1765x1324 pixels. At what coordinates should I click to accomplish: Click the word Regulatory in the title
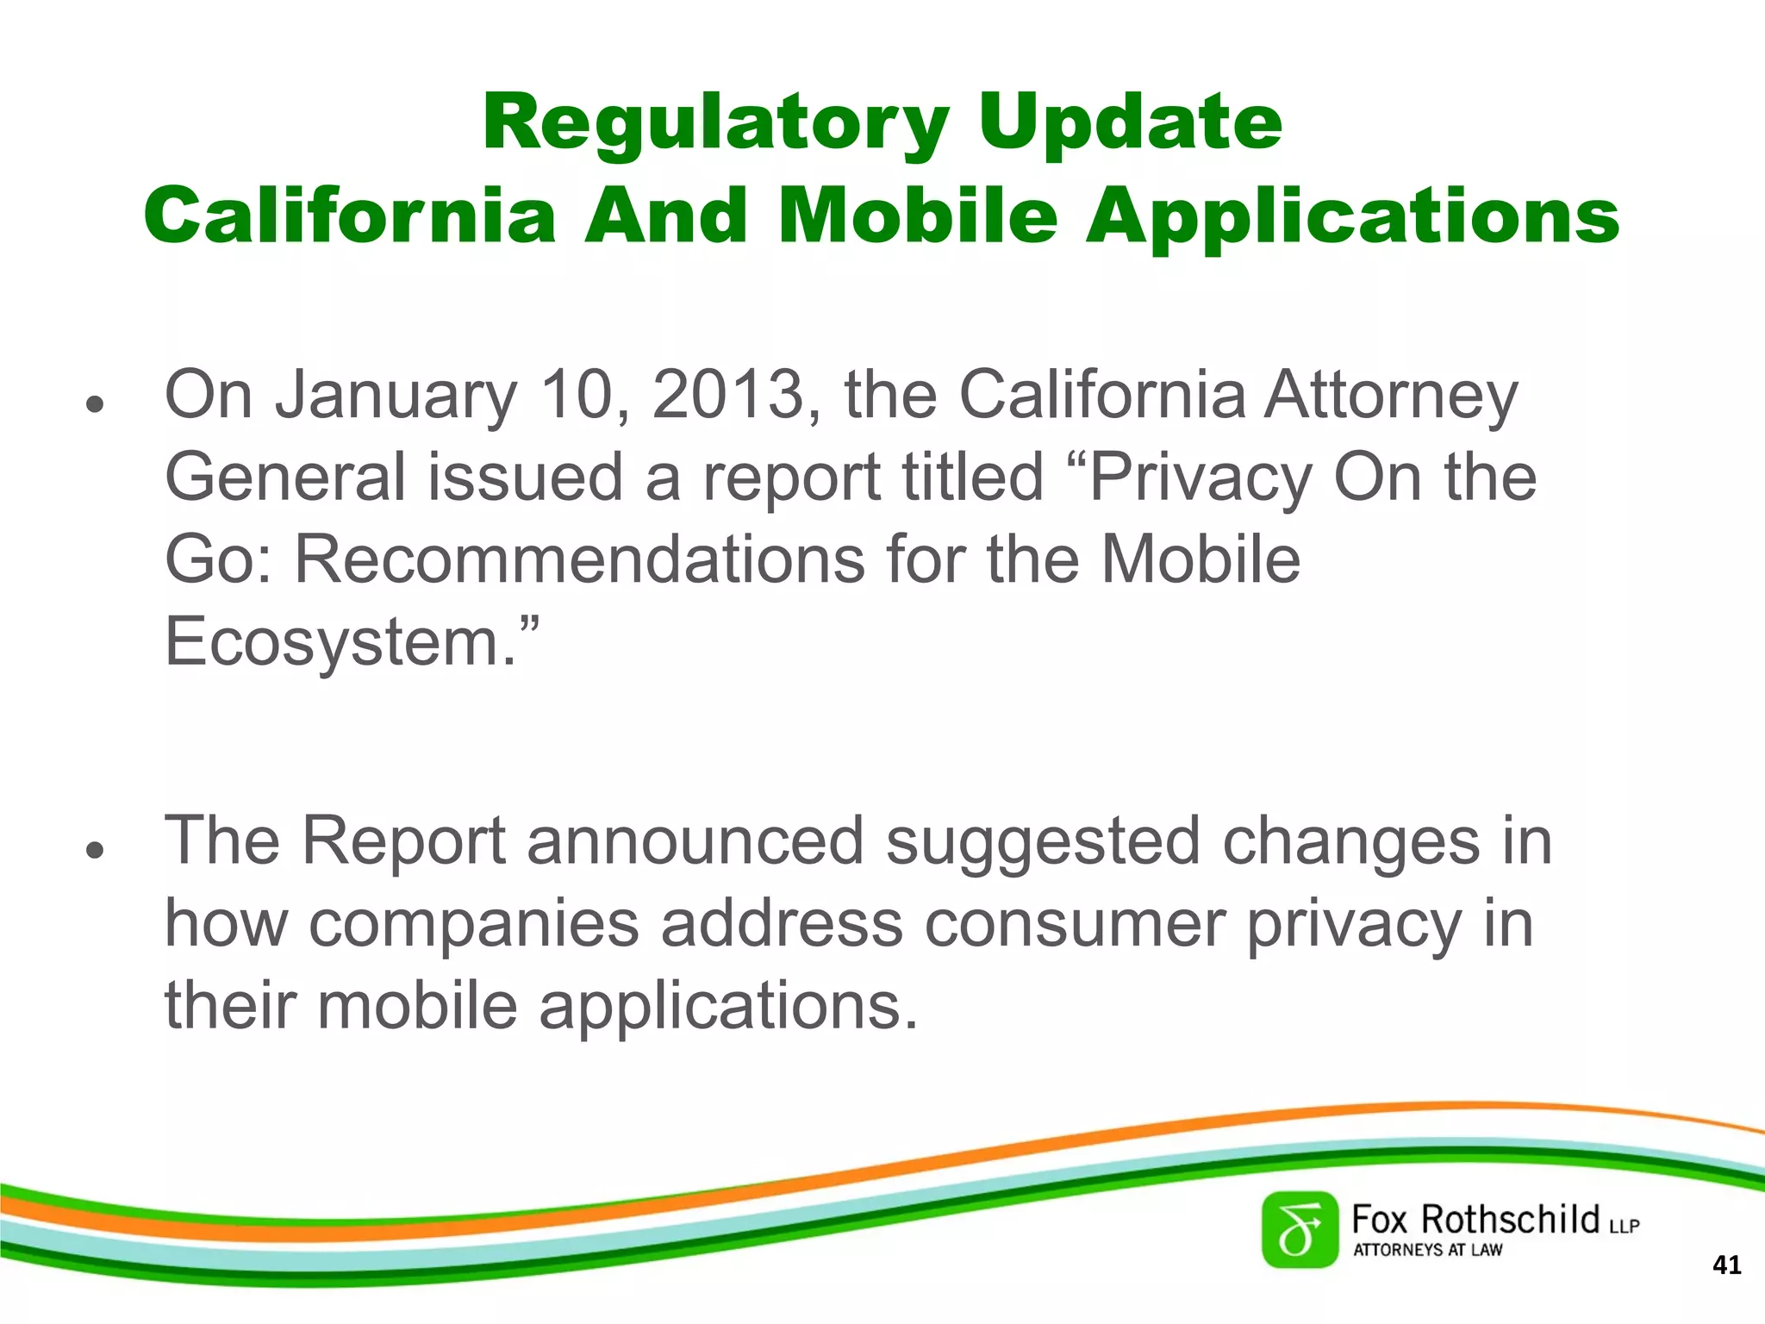[x=715, y=122]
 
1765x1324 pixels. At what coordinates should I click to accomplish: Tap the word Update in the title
[x=1130, y=122]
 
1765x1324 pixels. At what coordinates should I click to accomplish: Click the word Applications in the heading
[x=1352, y=215]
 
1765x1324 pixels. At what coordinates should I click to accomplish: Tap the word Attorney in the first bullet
[x=1390, y=395]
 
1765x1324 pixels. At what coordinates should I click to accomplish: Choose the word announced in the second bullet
[x=695, y=840]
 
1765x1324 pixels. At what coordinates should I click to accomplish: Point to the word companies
[x=474, y=923]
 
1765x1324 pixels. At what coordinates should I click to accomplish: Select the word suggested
[x=1042, y=840]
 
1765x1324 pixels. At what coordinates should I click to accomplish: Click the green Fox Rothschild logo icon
[x=1300, y=1230]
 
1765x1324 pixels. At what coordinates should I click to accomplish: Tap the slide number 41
[x=1726, y=1265]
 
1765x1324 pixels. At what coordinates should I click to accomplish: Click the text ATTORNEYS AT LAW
[x=1427, y=1250]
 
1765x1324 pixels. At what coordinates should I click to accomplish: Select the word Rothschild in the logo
[x=1510, y=1220]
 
